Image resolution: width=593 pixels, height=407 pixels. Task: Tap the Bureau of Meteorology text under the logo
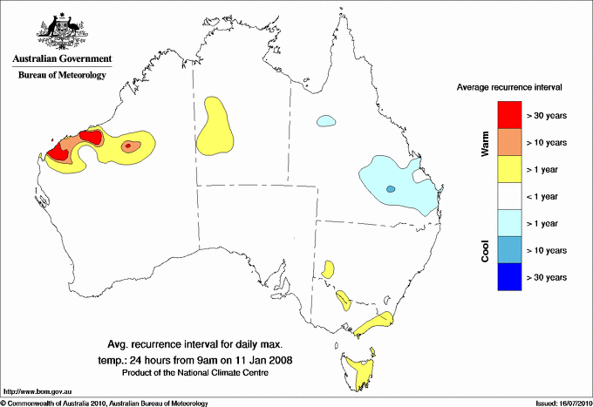(62, 76)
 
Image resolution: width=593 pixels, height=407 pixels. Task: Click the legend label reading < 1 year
(546, 195)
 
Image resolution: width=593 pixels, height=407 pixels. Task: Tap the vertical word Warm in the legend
(485, 143)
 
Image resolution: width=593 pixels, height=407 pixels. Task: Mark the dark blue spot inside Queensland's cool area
(391, 189)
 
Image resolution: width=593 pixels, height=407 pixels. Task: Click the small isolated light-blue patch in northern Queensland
(326, 120)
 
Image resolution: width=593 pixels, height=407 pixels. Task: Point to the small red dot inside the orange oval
(129, 146)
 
